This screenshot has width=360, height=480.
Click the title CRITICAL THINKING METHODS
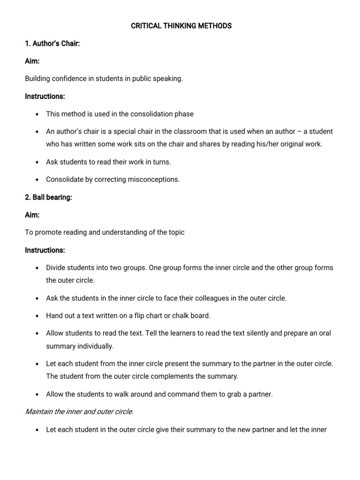point(181,26)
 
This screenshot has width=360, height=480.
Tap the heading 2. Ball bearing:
point(48,197)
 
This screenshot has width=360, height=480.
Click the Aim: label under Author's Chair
point(32,61)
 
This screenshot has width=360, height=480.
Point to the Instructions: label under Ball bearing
point(45,250)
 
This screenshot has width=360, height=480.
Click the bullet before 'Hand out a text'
point(36,316)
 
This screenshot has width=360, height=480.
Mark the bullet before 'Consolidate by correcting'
point(36,180)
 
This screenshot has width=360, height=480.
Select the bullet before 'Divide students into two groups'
point(36,268)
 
